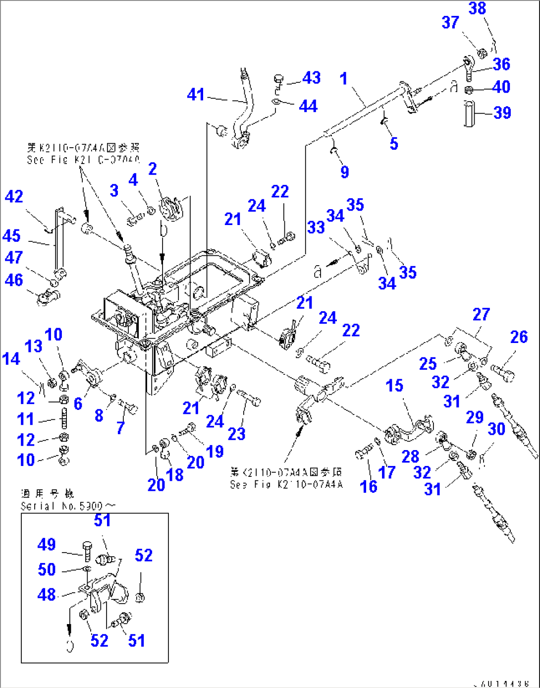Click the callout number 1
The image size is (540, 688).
pyautogui.click(x=343, y=79)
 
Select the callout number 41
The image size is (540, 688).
pyautogui.click(x=196, y=94)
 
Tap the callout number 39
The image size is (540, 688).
pyautogui.click(x=502, y=113)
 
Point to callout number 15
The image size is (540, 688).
pyautogui.click(x=394, y=385)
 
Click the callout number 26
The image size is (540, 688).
pyautogui.click(x=519, y=337)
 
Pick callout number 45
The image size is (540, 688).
pyautogui.click(x=11, y=236)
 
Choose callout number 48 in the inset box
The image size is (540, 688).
pyautogui.click(x=47, y=594)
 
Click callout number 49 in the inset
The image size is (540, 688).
pyautogui.click(x=47, y=544)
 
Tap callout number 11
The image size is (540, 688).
pyautogui.click(x=25, y=419)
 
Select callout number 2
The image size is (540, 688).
pyautogui.click(x=152, y=169)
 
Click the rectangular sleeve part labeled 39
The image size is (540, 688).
pyautogui.click(x=470, y=114)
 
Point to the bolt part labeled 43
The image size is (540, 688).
pyautogui.click(x=278, y=79)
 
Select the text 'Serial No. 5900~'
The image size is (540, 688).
pyautogui.click(x=68, y=506)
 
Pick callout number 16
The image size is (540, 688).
pyautogui.click(x=368, y=486)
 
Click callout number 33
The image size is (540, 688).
pyautogui.click(x=316, y=227)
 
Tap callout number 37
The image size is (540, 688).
pyautogui.click(x=450, y=22)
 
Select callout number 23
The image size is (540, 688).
pyautogui.click(x=236, y=434)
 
